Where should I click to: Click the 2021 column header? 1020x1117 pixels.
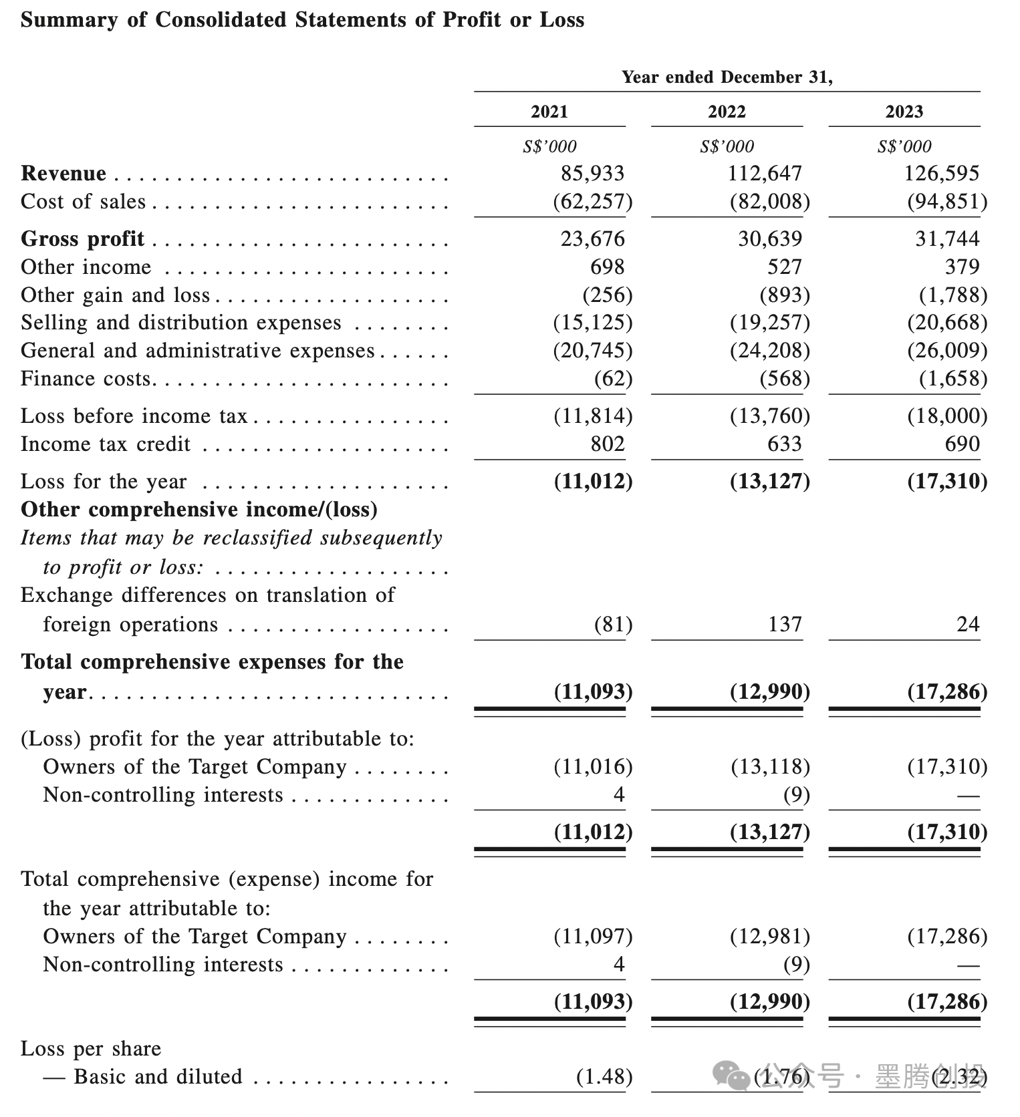coord(549,112)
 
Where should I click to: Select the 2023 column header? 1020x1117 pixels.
coord(904,112)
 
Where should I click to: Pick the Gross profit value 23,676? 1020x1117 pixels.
coord(592,238)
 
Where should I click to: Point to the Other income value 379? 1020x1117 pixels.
coord(962,267)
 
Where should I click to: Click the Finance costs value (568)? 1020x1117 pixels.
coord(784,379)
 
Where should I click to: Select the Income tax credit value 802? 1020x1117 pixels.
coord(607,444)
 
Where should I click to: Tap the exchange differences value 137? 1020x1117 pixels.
coord(784,625)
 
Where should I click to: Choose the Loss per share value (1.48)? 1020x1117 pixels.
coord(604,1077)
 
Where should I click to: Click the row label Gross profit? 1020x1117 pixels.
coord(82,238)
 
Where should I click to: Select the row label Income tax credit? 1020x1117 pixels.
coord(106,444)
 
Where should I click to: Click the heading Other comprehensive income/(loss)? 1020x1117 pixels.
coord(199,510)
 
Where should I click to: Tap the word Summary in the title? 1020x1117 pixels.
coord(70,20)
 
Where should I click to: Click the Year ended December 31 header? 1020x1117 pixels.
coord(727,77)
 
